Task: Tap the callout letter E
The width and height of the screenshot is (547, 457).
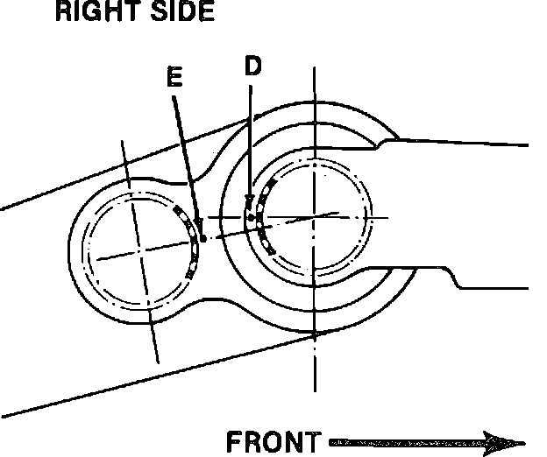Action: (174, 78)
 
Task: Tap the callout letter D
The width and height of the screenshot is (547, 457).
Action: (252, 67)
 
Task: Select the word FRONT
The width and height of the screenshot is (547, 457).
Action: (273, 441)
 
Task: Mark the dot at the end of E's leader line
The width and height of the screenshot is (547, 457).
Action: (202, 237)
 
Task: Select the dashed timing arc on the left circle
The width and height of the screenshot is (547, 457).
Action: (192, 240)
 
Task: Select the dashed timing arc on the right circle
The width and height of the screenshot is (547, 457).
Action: (260, 219)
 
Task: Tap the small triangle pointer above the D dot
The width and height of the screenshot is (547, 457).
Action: (249, 200)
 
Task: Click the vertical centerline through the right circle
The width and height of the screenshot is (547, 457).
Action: (315, 368)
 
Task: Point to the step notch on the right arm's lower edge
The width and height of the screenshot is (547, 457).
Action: (457, 278)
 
